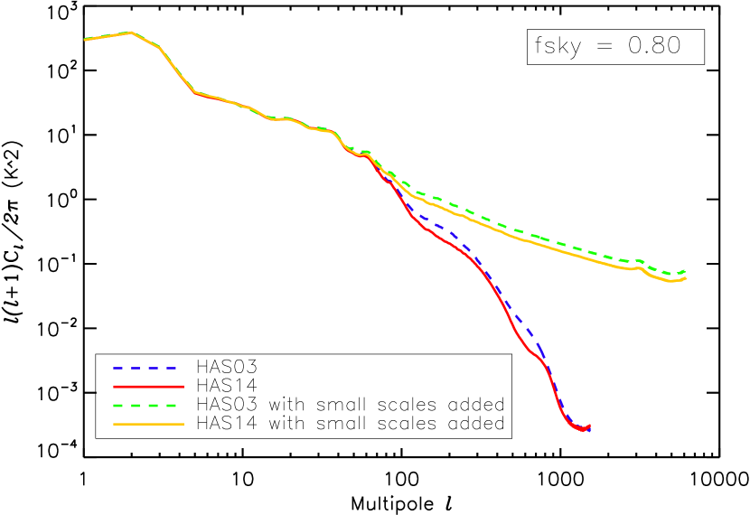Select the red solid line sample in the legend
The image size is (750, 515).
point(148,387)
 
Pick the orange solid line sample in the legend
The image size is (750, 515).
point(148,424)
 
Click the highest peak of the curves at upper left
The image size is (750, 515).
point(132,33)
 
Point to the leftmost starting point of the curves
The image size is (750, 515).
point(85,40)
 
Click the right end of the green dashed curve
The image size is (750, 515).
point(686,270)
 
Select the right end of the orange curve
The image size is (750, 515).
point(687,278)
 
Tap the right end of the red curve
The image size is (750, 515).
point(590,426)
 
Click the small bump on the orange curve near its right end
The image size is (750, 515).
point(640,267)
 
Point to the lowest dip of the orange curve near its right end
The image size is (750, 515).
point(670,281)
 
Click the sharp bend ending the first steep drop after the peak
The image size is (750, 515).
point(195,92)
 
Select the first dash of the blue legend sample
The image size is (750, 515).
point(118,369)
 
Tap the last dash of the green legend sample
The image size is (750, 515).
point(172,406)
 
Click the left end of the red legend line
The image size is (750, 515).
point(114,387)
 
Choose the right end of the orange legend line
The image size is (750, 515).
point(183,424)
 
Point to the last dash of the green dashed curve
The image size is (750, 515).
point(680,273)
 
